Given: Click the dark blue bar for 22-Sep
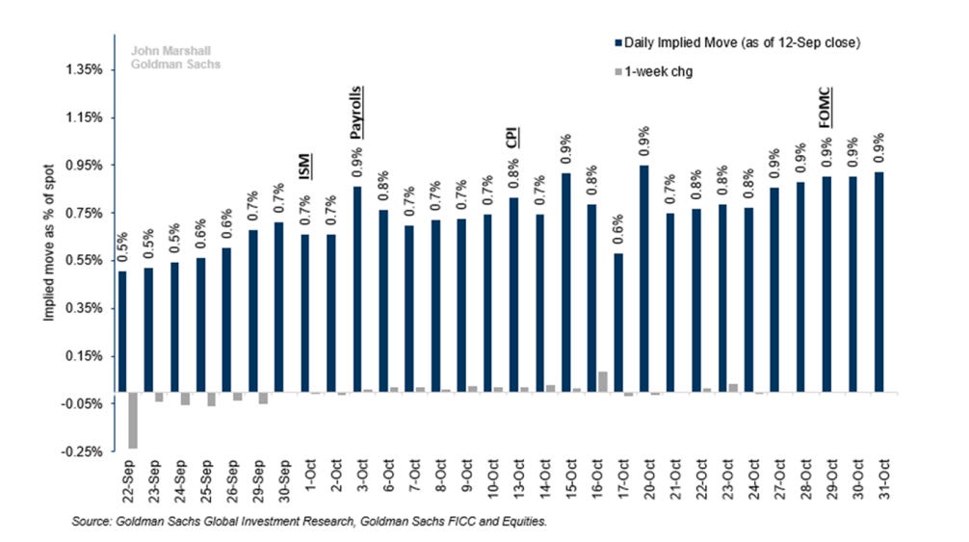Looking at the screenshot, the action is (x=122, y=331).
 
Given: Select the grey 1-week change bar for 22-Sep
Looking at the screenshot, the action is (x=133, y=420).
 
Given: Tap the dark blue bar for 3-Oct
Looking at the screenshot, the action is (x=357, y=289).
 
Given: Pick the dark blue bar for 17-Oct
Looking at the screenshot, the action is (x=618, y=323).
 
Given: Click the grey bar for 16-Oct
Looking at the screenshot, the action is (x=603, y=381).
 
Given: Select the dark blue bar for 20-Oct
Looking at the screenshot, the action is (x=644, y=278).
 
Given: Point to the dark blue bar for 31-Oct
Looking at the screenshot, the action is (x=878, y=281).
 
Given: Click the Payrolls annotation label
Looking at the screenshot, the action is (x=356, y=113).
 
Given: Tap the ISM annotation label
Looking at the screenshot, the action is (x=304, y=167).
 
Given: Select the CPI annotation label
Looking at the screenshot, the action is (x=512, y=137).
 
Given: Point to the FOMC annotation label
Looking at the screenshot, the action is (x=825, y=108).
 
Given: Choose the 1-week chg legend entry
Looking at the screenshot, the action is (x=654, y=71).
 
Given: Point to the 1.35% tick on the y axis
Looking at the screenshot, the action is (x=84, y=69).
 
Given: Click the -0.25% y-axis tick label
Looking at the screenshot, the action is (x=82, y=452).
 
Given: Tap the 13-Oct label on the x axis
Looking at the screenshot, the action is (x=518, y=479).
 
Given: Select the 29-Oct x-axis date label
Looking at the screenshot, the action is (x=832, y=479).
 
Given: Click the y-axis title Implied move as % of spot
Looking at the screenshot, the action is (x=49, y=243).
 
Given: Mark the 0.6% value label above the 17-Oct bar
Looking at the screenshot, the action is (x=618, y=230).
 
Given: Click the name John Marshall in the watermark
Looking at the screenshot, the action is (x=170, y=51).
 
